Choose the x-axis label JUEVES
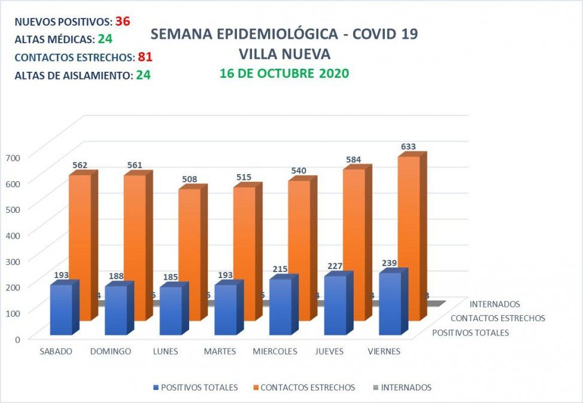[329, 352]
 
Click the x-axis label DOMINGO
[110, 352]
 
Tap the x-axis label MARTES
[220, 352]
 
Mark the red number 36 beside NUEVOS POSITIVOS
[123, 21]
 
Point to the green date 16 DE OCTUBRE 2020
[284, 74]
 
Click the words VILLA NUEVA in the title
[284, 54]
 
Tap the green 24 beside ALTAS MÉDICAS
[105, 39]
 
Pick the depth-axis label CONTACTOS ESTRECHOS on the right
[497, 318]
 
